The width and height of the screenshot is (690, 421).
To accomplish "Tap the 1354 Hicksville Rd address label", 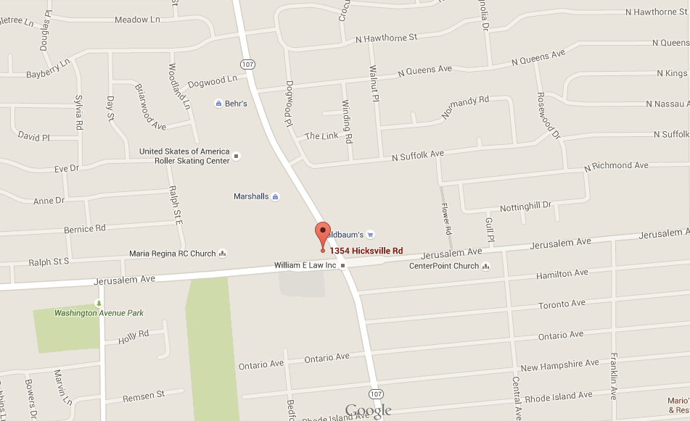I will [x=366, y=251].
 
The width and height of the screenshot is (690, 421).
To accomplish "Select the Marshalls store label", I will [x=251, y=196].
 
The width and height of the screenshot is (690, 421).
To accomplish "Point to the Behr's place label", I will [x=236, y=104].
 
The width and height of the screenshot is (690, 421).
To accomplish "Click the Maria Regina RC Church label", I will [x=173, y=254].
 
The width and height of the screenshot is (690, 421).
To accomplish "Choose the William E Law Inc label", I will [x=305, y=266].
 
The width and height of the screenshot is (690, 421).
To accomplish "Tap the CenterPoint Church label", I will [x=444, y=266].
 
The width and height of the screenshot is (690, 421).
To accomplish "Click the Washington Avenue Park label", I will [x=99, y=313].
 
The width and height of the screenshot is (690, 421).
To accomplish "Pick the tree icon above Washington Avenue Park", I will [x=99, y=302].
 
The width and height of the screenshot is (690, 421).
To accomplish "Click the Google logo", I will [x=369, y=411].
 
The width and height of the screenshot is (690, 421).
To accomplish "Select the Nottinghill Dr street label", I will [x=526, y=207].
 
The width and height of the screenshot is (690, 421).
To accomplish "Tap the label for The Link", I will [x=321, y=136].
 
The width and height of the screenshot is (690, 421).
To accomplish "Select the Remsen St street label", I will [x=144, y=395].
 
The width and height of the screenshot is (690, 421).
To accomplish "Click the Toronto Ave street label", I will [x=562, y=304].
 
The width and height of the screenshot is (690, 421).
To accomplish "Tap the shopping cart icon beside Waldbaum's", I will [x=371, y=235].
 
